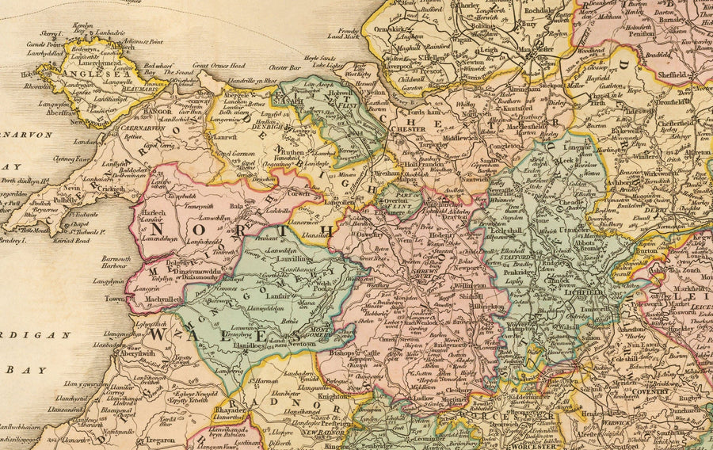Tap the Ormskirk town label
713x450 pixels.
tap(393, 29)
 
